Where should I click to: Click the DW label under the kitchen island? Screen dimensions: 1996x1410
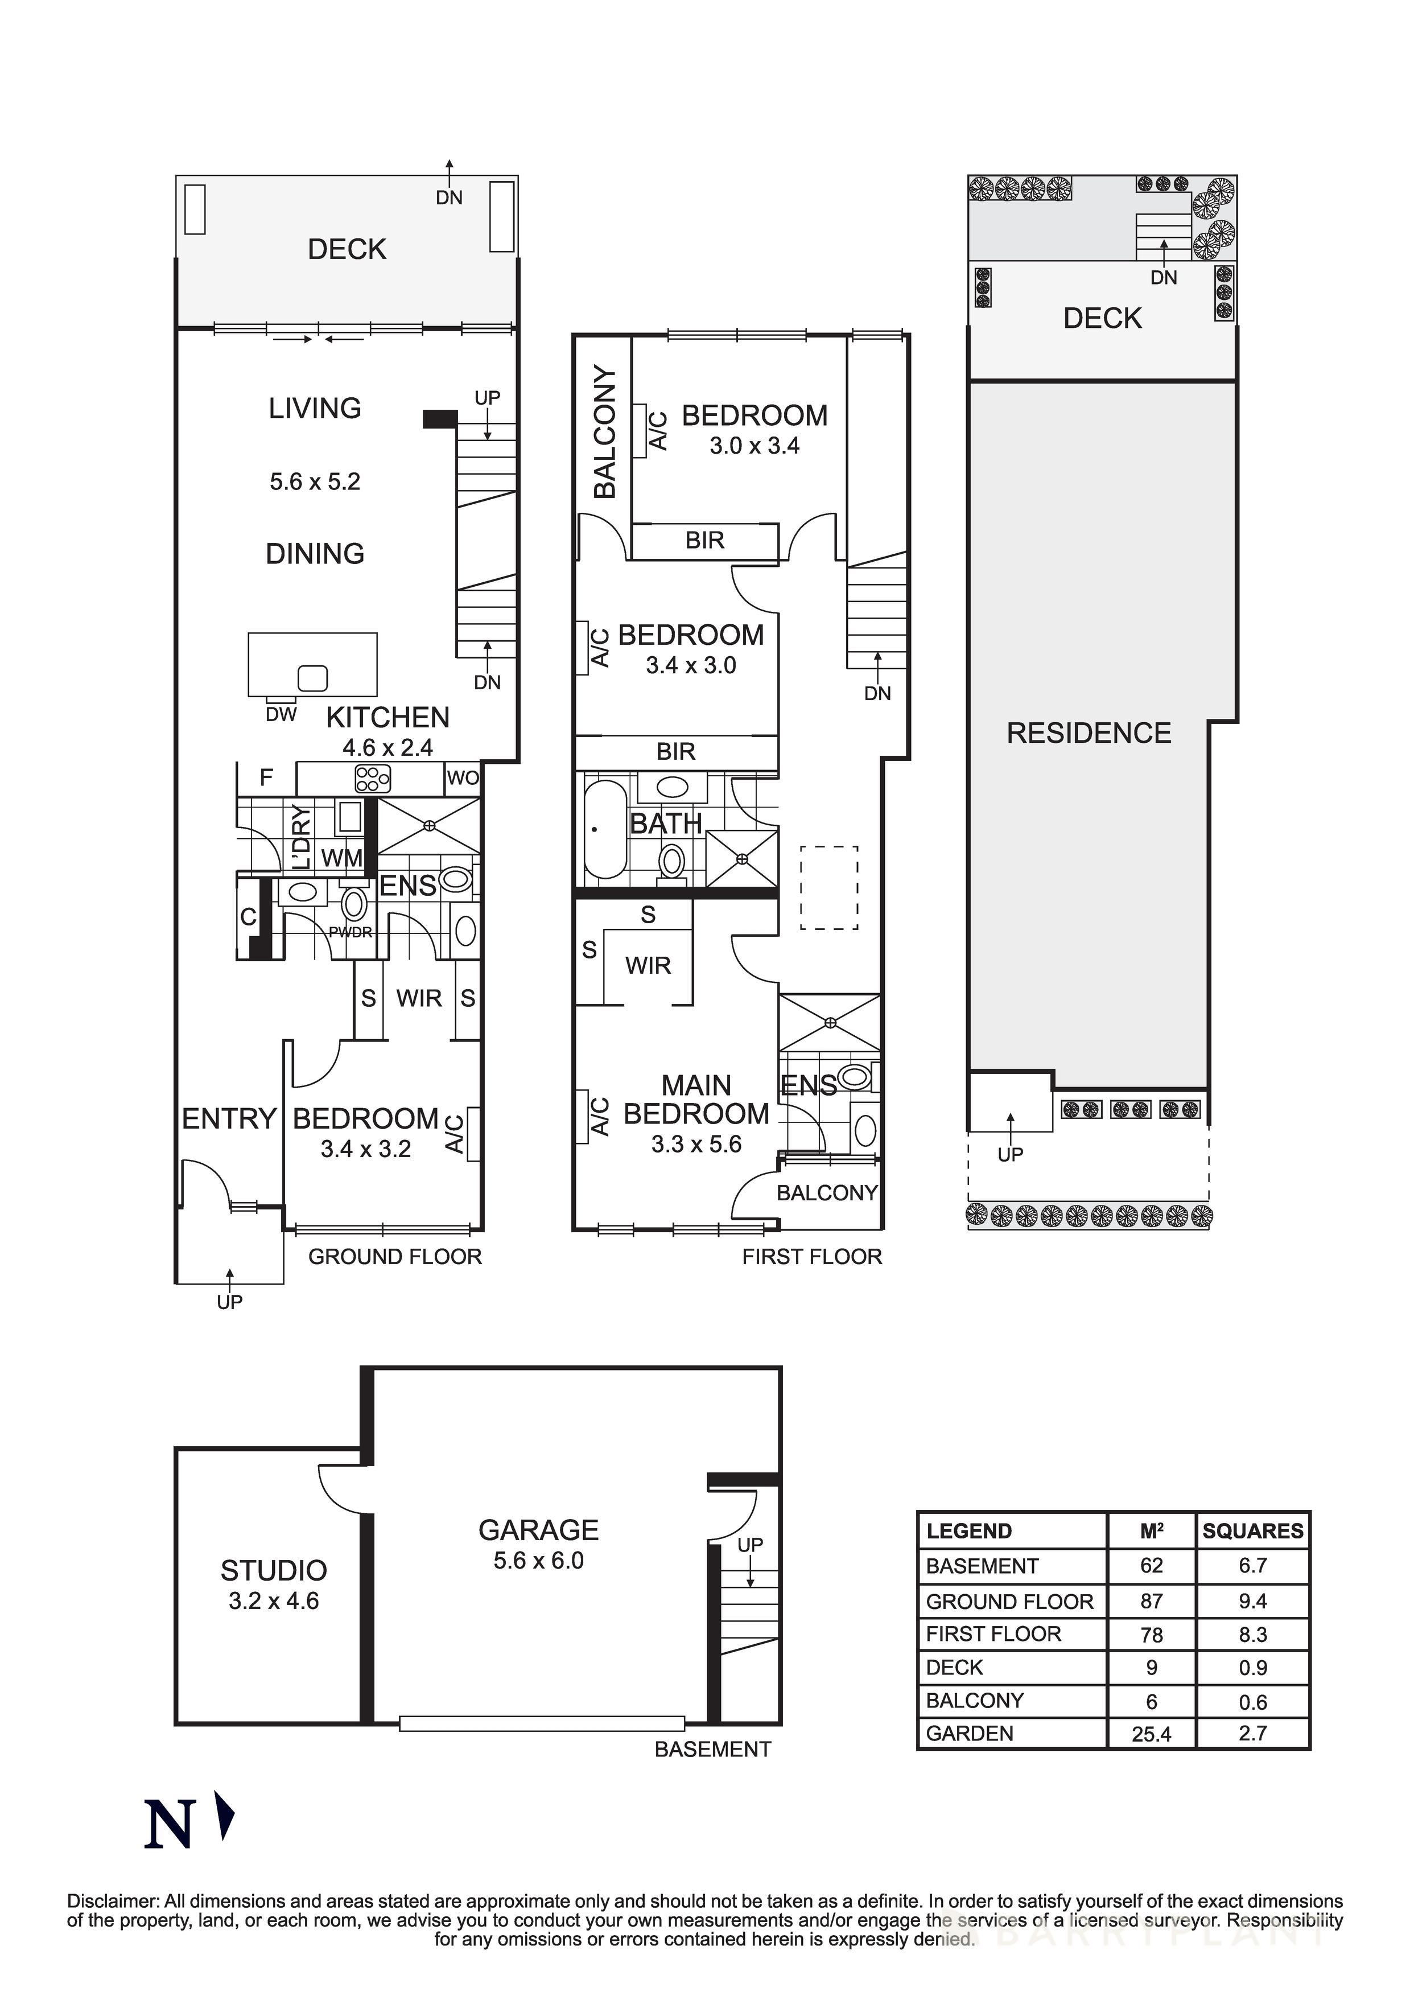[x=281, y=715]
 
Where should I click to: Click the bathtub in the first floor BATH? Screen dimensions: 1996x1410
[x=604, y=830]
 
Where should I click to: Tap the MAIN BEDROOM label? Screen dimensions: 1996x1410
[x=696, y=1099]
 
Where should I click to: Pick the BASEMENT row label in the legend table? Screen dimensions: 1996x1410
[x=982, y=1566]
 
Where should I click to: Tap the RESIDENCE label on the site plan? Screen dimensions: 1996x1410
[x=1089, y=733]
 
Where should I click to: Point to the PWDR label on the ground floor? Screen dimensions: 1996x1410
[x=351, y=932]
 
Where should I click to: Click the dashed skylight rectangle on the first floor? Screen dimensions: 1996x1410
[x=828, y=888]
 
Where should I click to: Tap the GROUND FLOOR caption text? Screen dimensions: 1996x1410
[x=395, y=1256]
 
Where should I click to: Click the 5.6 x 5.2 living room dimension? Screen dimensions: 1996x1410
[x=315, y=481]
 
